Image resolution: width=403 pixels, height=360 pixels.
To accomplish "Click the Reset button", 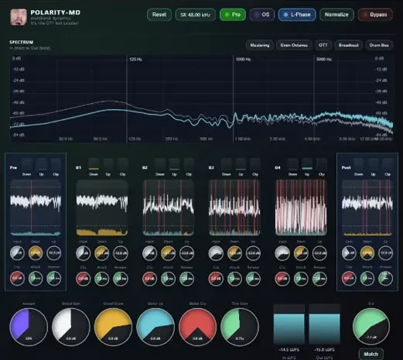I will coord(159,14).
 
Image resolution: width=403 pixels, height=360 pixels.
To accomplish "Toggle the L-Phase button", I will coord(296,14).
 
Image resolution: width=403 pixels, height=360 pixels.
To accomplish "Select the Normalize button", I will coord(336,14).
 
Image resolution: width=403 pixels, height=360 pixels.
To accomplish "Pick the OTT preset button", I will coord(323,45).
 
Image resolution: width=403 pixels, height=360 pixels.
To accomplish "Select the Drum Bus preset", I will coord(379,45).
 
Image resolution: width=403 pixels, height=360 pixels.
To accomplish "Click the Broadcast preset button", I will coord(349,45).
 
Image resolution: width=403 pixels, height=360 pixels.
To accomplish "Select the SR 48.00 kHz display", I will coord(193,14).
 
